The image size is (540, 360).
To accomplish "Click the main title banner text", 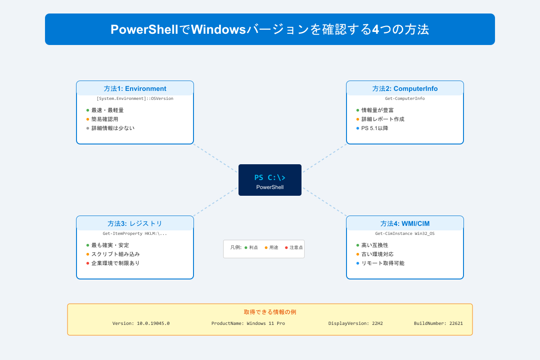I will pos(270,30).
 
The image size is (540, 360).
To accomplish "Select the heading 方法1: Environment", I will pos(135,89).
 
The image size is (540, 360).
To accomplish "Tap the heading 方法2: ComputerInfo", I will pos(405,89).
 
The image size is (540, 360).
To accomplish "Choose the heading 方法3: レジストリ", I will pos(135,224).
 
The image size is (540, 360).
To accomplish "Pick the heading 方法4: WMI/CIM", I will pos(405,224).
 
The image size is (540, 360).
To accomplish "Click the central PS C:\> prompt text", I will pos(270,177).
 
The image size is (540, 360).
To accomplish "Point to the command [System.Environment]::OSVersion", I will pos(135,99).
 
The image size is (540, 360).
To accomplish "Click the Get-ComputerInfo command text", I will pos(405,99).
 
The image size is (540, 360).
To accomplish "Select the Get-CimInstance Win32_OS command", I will pos(405,234).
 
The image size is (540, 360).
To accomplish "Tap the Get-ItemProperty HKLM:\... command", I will pos(135,234).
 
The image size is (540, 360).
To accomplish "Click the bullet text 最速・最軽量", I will pos(108,110).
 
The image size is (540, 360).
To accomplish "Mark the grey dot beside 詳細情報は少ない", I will pos(88,128).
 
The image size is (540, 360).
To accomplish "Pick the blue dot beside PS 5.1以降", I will pos(358,128).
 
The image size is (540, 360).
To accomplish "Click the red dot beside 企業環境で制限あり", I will pos(88,263).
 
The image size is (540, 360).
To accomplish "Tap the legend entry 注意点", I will pos(296,247).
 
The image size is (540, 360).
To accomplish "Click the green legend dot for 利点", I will pos(246,247).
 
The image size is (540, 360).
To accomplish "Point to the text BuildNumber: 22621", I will pos(438,324).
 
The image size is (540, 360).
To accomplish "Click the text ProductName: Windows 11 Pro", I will pos(248,324).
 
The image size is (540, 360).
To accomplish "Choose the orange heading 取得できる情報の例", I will pos(270,312).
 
